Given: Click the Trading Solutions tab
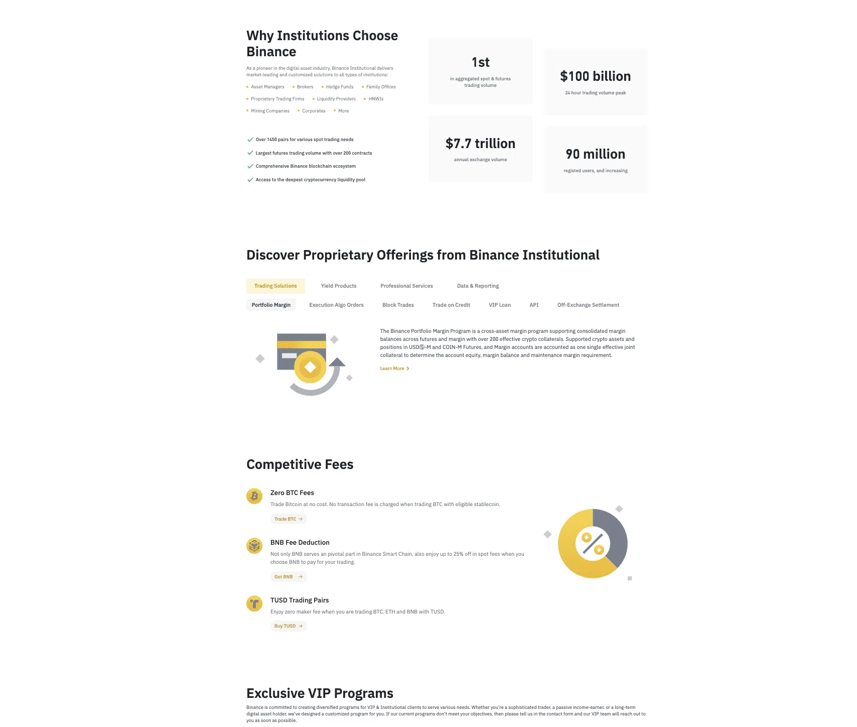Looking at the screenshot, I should pos(275,286).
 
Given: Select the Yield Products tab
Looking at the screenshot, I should pos(339,286).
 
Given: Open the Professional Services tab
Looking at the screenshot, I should pos(406,286).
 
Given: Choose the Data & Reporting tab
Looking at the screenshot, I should pos(478,286).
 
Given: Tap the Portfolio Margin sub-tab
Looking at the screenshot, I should pos(271,305).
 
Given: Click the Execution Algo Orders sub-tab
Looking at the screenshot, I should pos(336,305).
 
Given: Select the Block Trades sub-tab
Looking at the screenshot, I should pos(398,305).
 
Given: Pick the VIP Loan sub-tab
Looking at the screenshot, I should pos(500,305).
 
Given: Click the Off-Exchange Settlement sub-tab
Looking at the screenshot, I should pos(588,305).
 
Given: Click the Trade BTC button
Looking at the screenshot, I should pos(288,519).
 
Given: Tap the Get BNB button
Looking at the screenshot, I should pos(288,577).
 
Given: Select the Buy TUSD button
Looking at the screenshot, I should pos(288,626).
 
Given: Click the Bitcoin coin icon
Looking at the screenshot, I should pos(254,497).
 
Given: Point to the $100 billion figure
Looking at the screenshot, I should pos(595,76).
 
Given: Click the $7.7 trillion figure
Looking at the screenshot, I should pos(480,144).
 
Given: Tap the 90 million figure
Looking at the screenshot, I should pos(595,154).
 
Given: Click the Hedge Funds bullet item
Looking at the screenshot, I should pos(339,87).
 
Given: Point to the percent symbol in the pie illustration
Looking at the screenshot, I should pos(593,544).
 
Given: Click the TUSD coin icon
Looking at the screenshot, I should pos(254,603).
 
